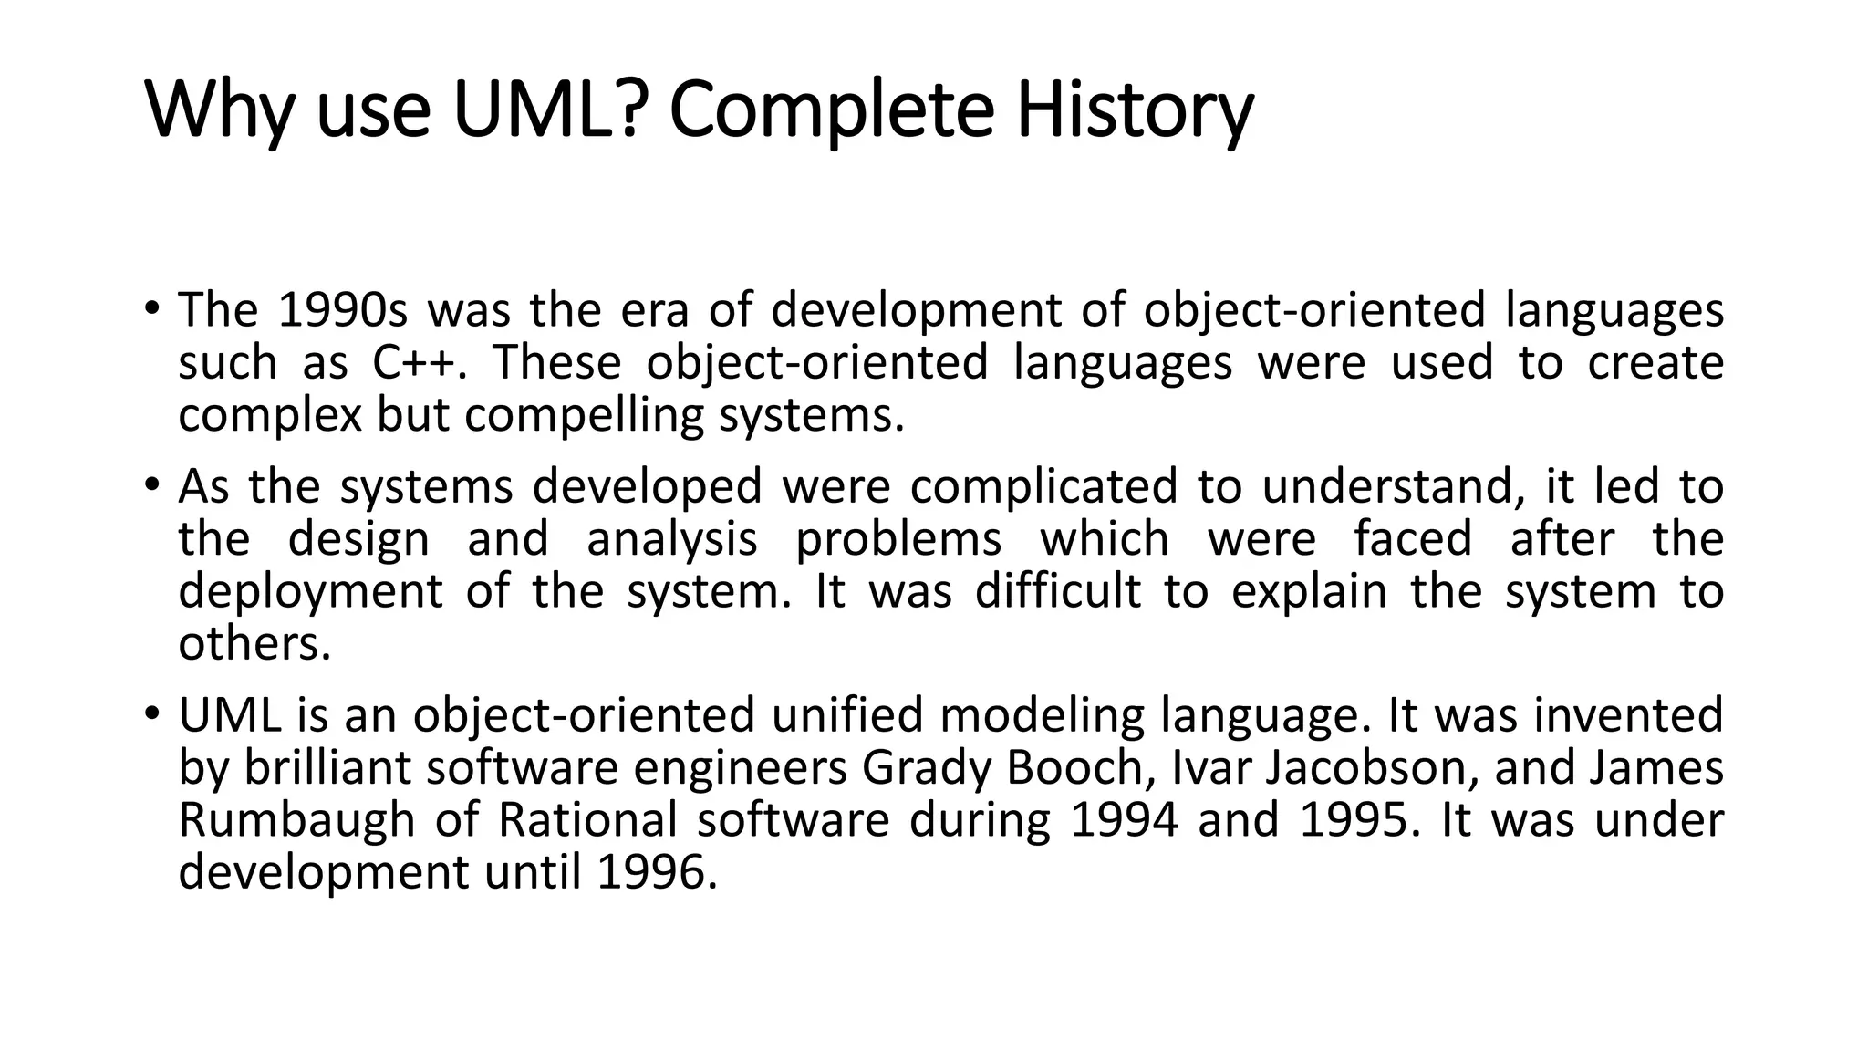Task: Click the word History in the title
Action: tap(1135, 109)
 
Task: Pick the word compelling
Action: tap(584, 416)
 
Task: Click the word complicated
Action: tap(1043, 486)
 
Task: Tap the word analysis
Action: tap(671, 539)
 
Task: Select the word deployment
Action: tap(310, 592)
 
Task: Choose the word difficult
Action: tap(1057, 591)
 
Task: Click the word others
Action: tap(254, 644)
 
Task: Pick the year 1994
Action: tap(1124, 820)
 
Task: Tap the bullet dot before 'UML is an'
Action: tap(151, 713)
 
